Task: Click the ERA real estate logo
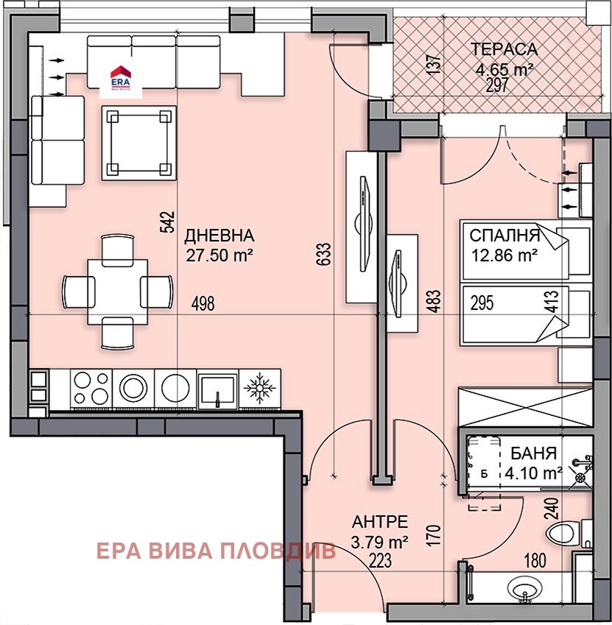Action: (120, 77)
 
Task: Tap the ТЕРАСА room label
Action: (504, 50)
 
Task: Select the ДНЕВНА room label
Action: (219, 236)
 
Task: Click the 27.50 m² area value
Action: (219, 255)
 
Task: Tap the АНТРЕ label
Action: (379, 522)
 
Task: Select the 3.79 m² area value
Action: (379, 544)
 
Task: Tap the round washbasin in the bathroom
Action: (524, 589)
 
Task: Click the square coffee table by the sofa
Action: (139, 142)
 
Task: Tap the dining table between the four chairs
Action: (118, 291)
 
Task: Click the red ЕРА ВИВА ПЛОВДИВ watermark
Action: (216, 551)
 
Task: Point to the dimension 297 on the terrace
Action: (499, 85)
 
